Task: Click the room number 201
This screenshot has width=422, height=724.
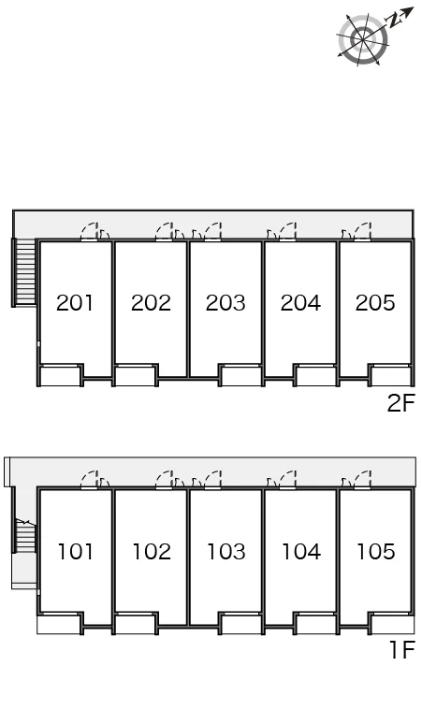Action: pyautogui.click(x=75, y=303)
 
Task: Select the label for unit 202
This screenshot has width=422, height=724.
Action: pyautogui.click(x=151, y=303)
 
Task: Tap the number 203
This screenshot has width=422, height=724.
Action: pyautogui.click(x=226, y=303)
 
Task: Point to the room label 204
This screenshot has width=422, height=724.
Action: pyautogui.click(x=300, y=303)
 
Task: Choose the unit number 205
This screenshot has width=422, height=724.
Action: pyautogui.click(x=375, y=303)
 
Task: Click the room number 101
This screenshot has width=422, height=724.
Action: pyautogui.click(x=75, y=552)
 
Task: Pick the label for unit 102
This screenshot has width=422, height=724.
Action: pyautogui.click(x=152, y=552)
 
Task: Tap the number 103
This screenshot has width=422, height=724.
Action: pyautogui.click(x=226, y=552)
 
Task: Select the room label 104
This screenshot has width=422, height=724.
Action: pyautogui.click(x=301, y=552)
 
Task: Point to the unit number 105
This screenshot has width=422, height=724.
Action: pyautogui.click(x=376, y=552)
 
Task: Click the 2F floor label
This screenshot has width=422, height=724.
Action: pyautogui.click(x=401, y=403)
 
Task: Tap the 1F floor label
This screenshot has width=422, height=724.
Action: pyautogui.click(x=402, y=650)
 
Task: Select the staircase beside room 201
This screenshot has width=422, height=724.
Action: pyautogui.click(x=24, y=272)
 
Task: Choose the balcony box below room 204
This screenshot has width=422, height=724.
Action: pyautogui.click(x=315, y=375)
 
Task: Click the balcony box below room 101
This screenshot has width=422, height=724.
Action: pyautogui.click(x=60, y=624)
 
